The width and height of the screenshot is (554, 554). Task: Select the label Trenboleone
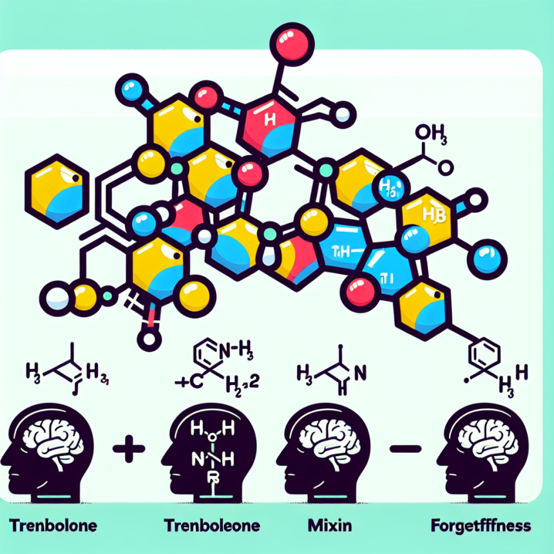tap(213, 526)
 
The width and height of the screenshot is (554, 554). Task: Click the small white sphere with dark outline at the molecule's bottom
tap(149, 339)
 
